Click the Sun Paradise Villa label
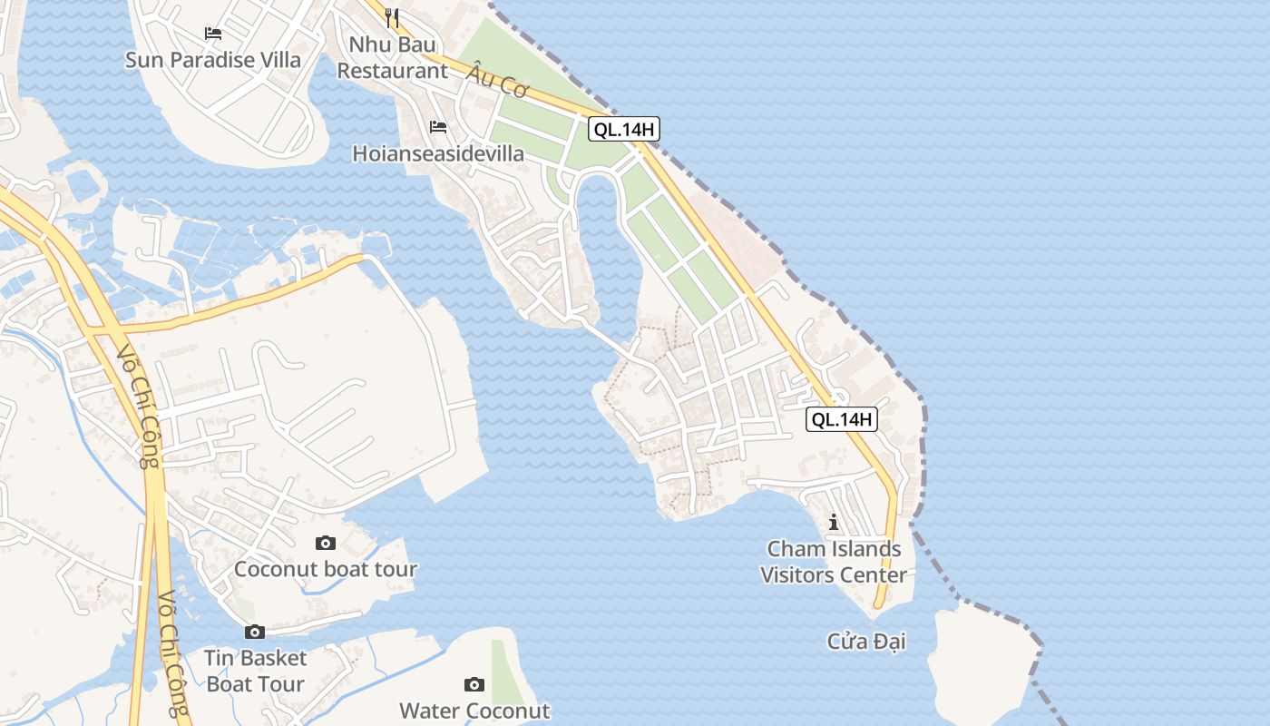pos(213,60)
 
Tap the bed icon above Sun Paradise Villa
pos(213,34)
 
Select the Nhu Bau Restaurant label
pos(392,57)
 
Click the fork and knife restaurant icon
pos(392,17)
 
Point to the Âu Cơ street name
pos(498,83)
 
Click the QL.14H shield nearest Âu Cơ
pos(623,129)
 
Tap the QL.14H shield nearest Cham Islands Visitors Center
pos(842,419)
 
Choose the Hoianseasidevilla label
pos(438,153)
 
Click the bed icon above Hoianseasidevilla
pos(438,127)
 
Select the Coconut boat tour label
pos(326,569)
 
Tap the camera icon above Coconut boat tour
pos(326,543)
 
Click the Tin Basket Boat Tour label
pos(255,671)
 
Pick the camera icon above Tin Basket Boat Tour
pos(255,632)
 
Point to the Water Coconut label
pos(474,710)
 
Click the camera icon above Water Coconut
pos(474,684)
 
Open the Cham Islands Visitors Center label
pos(834,562)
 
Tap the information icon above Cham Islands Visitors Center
pos(834,523)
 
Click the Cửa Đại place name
pos(866,642)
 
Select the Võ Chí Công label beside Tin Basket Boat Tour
pos(171,653)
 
